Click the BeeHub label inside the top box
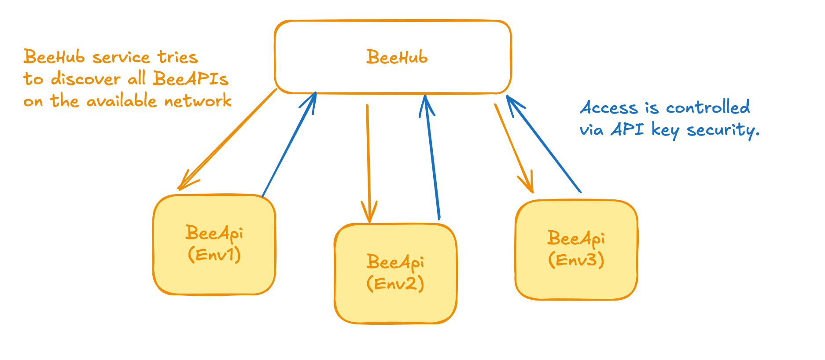tap(397, 57)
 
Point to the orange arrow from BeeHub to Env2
tap(368, 163)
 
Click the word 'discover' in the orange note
tap(86, 79)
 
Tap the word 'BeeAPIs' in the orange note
tap(191, 79)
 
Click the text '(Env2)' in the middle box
tap(395, 283)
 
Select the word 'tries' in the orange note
tap(178, 57)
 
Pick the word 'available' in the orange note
tap(122, 101)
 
